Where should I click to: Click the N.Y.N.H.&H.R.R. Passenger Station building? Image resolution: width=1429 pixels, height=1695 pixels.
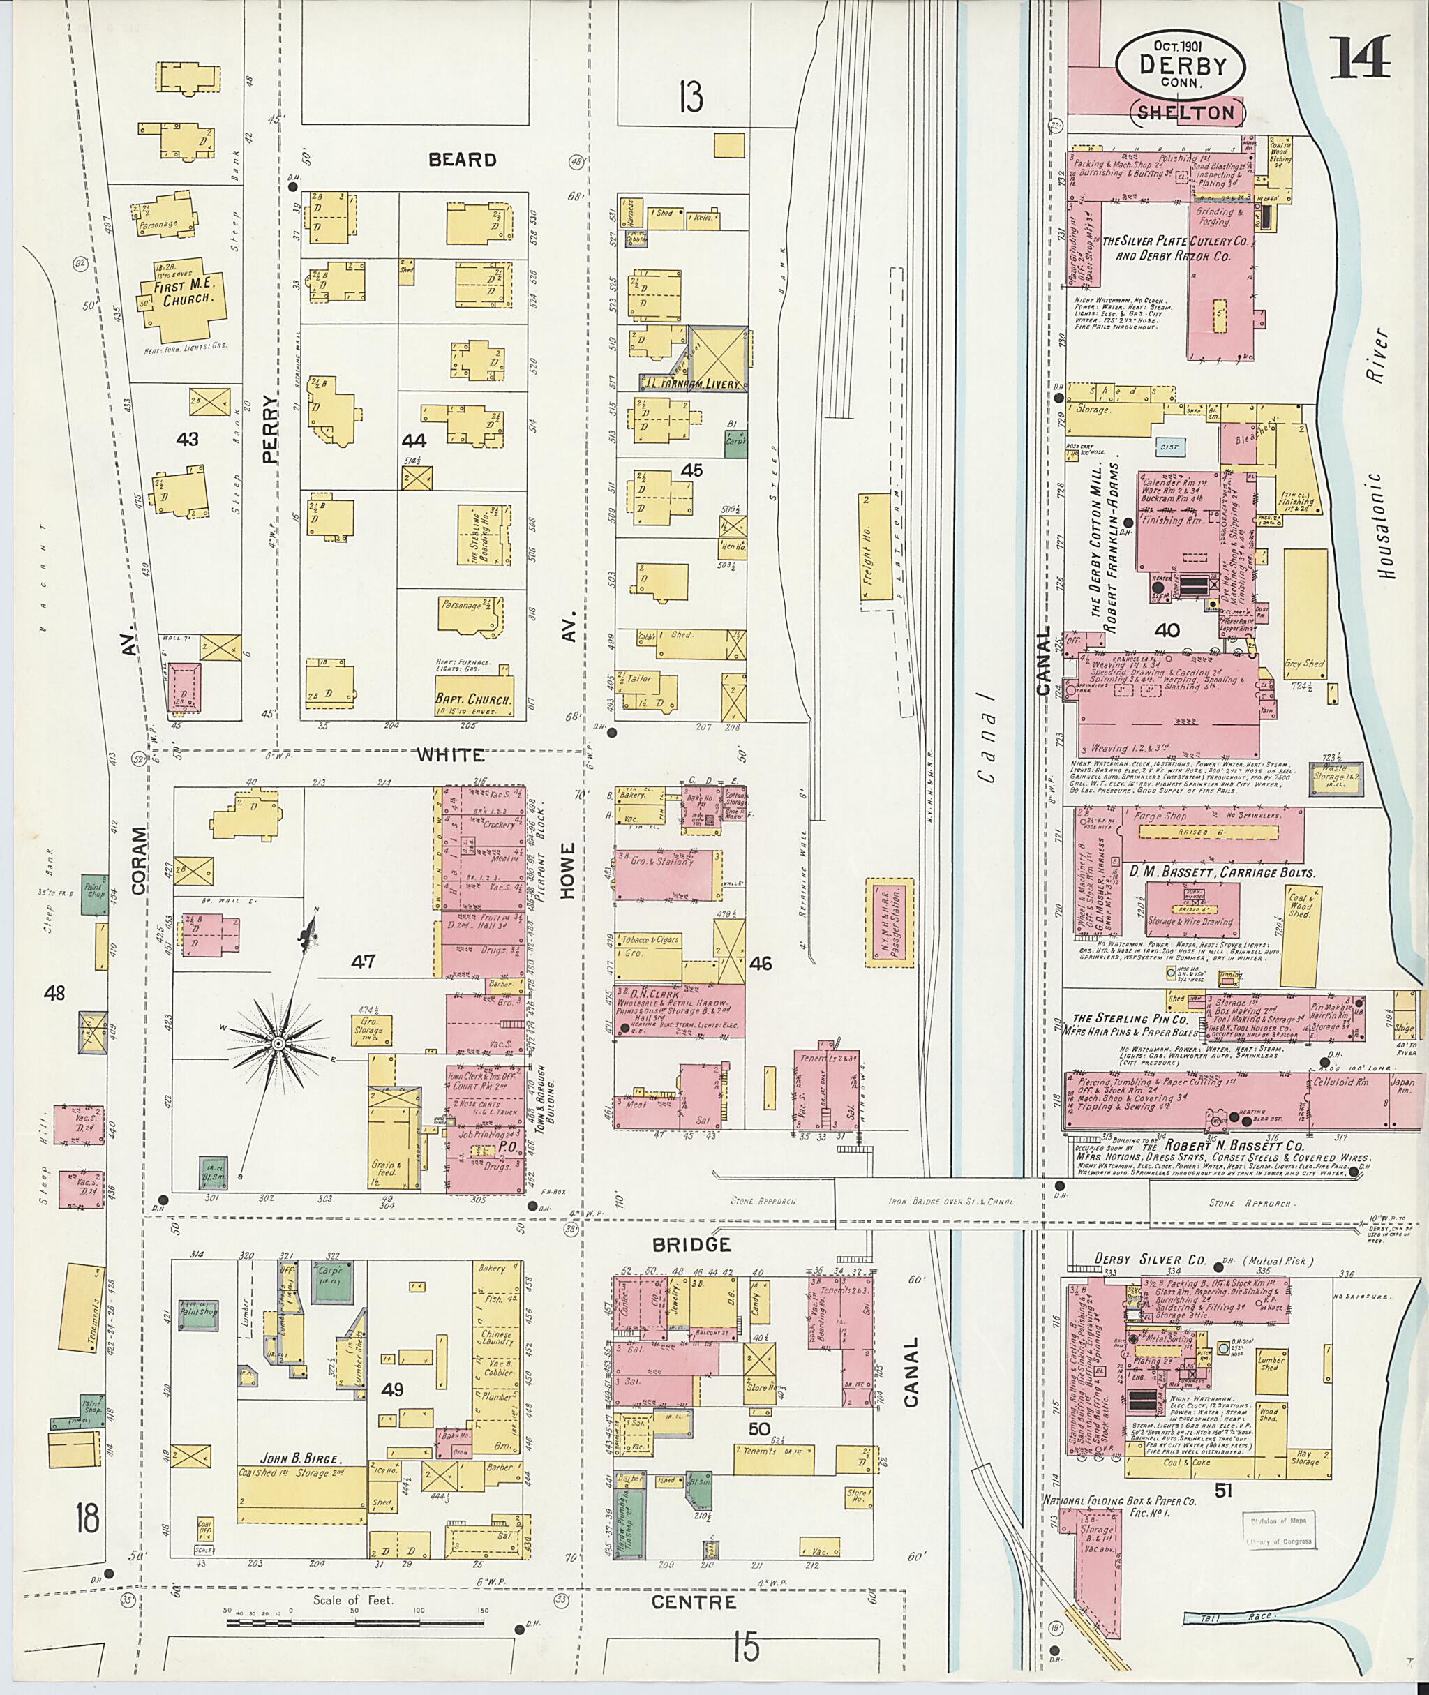pos(889,922)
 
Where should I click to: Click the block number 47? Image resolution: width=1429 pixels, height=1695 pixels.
pos(364,962)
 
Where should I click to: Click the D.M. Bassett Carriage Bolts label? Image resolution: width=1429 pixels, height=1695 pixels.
pos(1222,872)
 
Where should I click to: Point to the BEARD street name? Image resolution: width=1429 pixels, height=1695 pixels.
pos(462,160)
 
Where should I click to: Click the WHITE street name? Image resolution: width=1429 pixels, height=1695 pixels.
pos(451,754)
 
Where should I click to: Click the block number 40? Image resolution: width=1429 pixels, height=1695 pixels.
pos(1167,629)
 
